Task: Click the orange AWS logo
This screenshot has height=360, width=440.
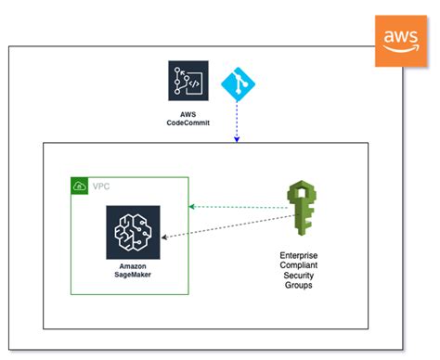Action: pos(401,40)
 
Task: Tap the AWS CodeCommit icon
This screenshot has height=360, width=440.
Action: pos(188,83)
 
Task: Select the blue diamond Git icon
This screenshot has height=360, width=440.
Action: pos(237,86)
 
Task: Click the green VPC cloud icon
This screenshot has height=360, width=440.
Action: pos(80,186)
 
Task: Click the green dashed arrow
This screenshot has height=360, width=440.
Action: pos(237,206)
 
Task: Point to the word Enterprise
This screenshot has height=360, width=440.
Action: pos(300,253)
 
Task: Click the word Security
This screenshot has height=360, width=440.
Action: pos(300,275)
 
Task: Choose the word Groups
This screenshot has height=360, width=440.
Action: pos(300,286)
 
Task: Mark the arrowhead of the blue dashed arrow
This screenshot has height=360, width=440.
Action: pos(237,139)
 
